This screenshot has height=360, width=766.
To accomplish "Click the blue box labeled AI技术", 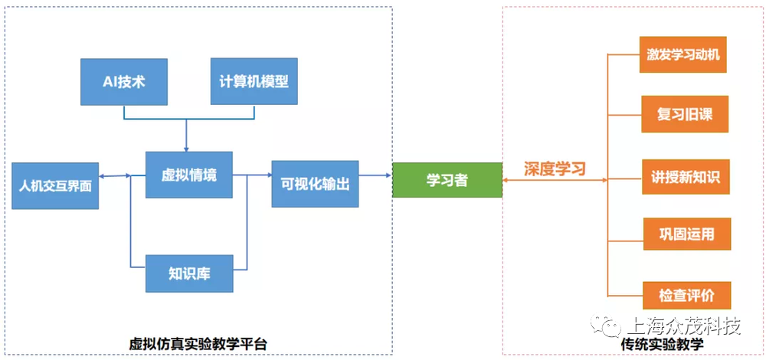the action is click(x=124, y=82).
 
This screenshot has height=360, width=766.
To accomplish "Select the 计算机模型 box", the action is click(x=254, y=81).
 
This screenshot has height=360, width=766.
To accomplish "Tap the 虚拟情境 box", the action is click(x=189, y=175).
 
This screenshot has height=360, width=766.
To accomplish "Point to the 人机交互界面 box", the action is click(x=55, y=186).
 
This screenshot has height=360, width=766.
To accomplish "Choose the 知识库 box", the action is click(x=189, y=273).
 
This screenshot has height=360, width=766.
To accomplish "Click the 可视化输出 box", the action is click(x=315, y=184).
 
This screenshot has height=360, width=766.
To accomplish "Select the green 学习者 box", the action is click(x=447, y=180).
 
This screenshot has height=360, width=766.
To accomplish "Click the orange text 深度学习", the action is click(x=555, y=169).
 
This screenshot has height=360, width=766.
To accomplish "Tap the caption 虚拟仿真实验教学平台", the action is click(x=198, y=344).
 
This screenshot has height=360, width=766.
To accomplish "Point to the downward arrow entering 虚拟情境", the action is click(x=186, y=136).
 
